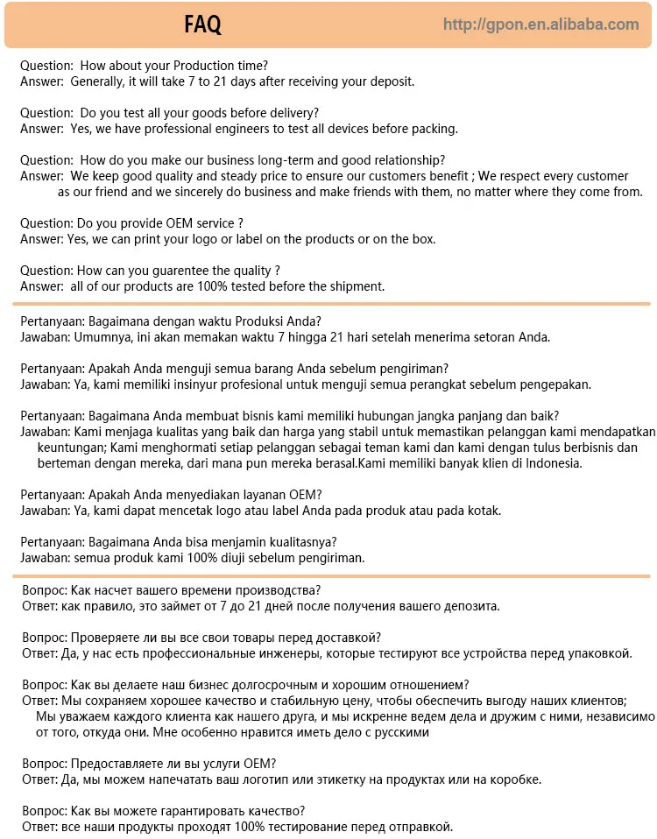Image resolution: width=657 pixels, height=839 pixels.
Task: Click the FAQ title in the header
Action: pyautogui.click(x=203, y=25)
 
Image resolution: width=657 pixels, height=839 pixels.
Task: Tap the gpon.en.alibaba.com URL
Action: pyautogui.click(x=540, y=25)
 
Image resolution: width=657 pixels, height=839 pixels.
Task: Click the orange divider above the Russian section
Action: pyautogui.click(x=331, y=575)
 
